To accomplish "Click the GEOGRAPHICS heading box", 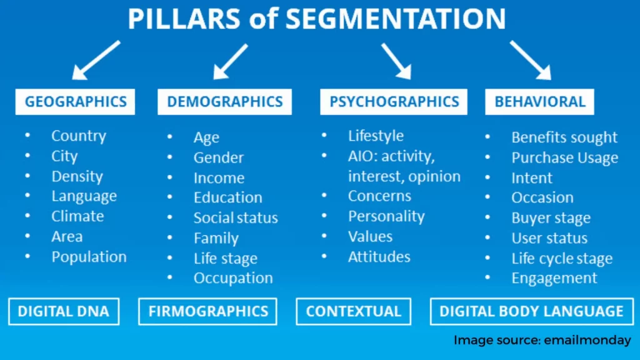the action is pos(75,102).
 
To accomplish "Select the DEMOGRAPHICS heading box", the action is pos(224,102).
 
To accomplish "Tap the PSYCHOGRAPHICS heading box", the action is pos(394,102).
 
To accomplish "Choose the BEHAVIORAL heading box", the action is pos(539,102).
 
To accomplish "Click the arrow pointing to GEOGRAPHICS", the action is pos(96,60).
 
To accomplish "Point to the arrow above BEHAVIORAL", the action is pos(531,60).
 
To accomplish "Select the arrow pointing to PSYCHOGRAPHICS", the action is pos(396,61).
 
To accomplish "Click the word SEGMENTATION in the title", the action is pos(396,18).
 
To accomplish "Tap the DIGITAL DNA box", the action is pos(64,311).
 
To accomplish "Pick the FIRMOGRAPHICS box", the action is pos(207,311).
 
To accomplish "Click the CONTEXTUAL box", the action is pos(354,311).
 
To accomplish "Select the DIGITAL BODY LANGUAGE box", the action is pos(532,311).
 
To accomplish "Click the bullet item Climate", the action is pos(77,216).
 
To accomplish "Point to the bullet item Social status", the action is pos(236,217).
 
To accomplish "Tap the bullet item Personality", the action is pos(386,216).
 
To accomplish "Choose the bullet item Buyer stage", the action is pos(551,218).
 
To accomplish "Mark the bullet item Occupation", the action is pos(233,278).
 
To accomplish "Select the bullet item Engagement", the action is pos(554,278).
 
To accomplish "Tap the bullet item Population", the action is pos(89,257).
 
